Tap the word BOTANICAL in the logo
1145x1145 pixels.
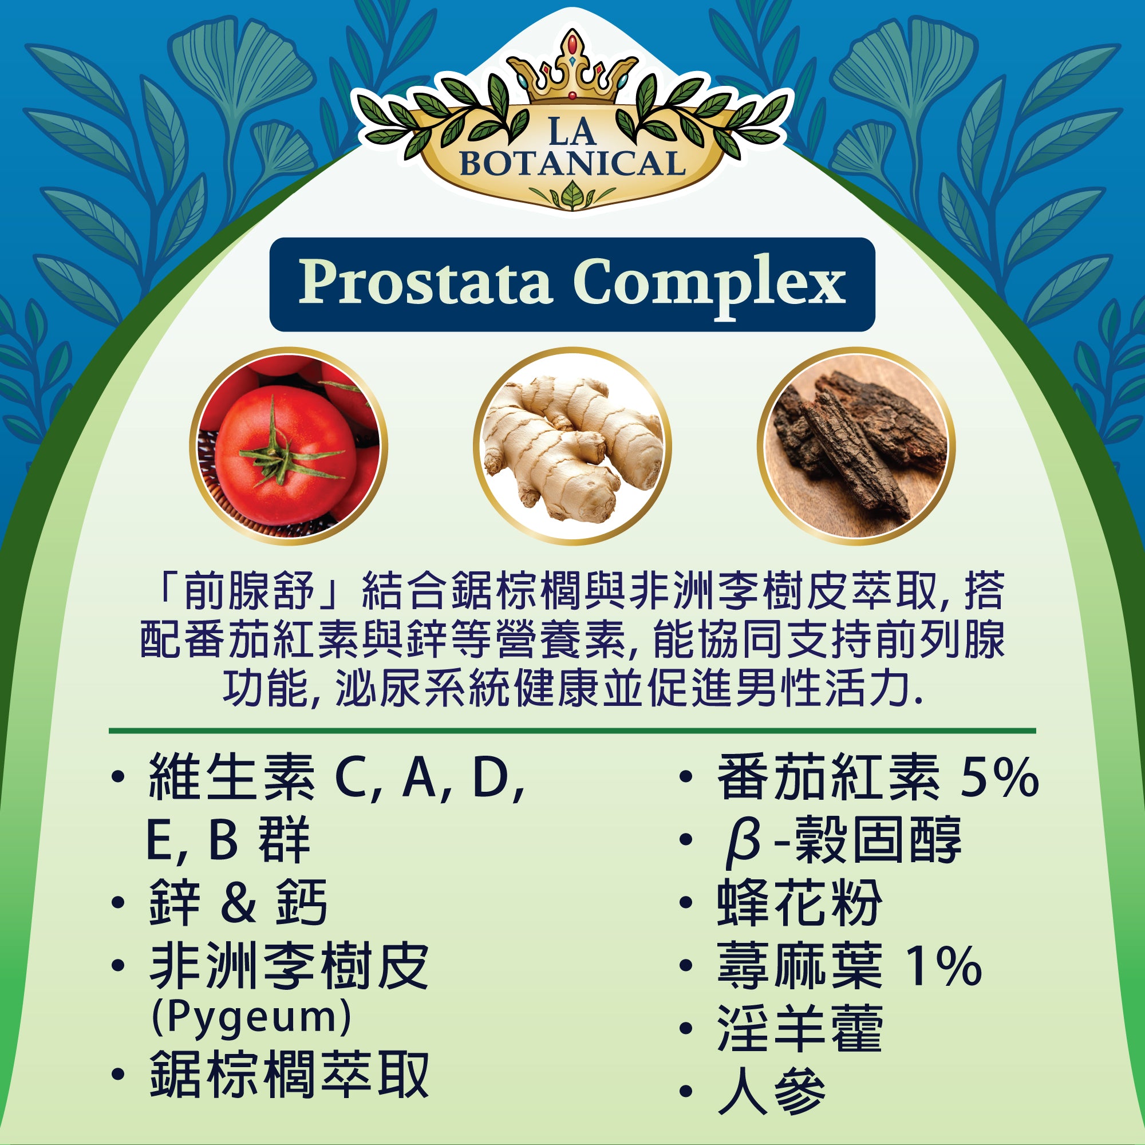coord(572,164)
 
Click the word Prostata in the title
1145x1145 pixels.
coord(424,284)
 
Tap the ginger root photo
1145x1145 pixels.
coord(572,445)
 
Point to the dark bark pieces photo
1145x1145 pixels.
coord(856,445)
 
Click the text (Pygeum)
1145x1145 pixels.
coord(251,1017)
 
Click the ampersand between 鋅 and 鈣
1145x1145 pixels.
coord(237,903)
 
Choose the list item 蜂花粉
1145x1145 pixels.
coord(799,903)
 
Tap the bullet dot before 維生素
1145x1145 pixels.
coord(118,776)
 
